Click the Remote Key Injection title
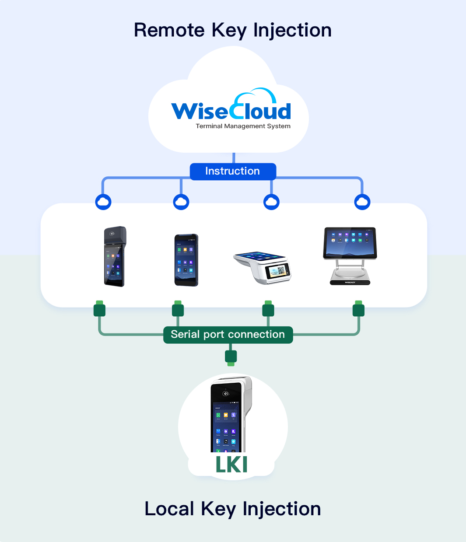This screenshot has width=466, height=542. (x=232, y=31)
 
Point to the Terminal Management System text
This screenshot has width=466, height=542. (x=243, y=126)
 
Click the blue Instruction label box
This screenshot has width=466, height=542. (x=233, y=171)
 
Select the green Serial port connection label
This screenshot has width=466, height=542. (x=228, y=335)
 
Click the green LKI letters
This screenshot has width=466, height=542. (x=231, y=465)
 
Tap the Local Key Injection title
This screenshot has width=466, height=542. (x=232, y=509)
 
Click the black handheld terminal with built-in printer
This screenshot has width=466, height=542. (x=115, y=257)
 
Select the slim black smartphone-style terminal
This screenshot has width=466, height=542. (x=186, y=260)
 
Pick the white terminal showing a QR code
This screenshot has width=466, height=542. (x=263, y=267)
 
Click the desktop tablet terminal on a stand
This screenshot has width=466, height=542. (x=350, y=256)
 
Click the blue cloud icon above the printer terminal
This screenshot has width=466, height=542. (x=103, y=202)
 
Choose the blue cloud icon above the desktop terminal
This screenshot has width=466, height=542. (x=362, y=202)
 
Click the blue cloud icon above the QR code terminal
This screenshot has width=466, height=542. (x=271, y=202)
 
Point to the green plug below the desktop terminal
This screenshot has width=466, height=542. (x=358, y=309)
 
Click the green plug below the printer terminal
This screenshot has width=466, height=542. (x=100, y=309)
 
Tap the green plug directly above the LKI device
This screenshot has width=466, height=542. (x=231, y=357)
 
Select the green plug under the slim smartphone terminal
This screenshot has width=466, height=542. (x=178, y=309)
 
